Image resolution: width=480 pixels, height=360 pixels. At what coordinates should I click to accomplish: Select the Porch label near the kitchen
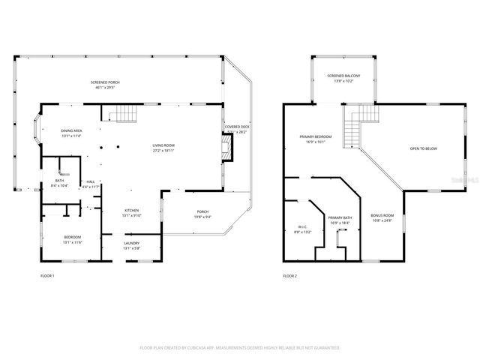pyautogui.click(x=202, y=214)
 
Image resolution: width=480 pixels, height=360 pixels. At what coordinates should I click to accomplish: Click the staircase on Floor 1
pyautogui.click(x=126, y=114)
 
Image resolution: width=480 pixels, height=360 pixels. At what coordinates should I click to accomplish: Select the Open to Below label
pyautogui.click(x=423, y=148)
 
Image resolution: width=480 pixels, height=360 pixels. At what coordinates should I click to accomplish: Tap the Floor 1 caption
pyautogui.click(x=47, y=276)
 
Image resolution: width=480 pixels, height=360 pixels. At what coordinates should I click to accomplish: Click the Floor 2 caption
pyautogui.click(x=290, y=276)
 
